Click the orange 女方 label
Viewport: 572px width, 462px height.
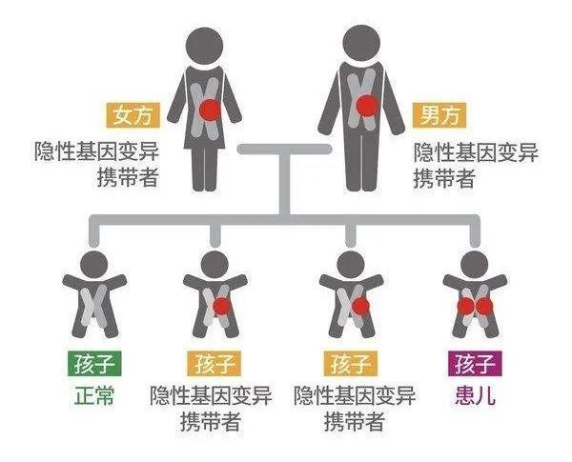[x=133, y=115]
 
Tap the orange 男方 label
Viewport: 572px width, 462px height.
[x=439, y=115]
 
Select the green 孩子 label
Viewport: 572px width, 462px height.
[x=94, y=364]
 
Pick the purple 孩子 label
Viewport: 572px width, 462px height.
[x=475, y=364]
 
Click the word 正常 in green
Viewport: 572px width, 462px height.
[x=94, y=395]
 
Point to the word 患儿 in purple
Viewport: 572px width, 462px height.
[x=475, y=395]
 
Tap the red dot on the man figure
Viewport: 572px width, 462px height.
[x=367, y=106]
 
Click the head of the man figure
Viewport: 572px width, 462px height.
[x=361, y=43]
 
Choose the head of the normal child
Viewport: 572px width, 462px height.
[x=94, y=265]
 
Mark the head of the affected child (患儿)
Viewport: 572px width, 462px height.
[x=475, y=265]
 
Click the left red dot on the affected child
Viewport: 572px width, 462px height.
[x=466, y=307]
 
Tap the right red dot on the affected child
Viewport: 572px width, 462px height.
[x=484, y=307]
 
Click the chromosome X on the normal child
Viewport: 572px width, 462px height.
[x=93, y=306]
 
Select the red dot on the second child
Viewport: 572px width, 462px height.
[x=221, y=307]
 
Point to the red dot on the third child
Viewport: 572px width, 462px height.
[x=360, y=307]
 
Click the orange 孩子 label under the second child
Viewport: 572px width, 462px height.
[x=214, y=364]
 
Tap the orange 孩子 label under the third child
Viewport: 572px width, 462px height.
[x=351, y=364]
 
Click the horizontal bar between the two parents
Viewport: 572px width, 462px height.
[x=284, y=149]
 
